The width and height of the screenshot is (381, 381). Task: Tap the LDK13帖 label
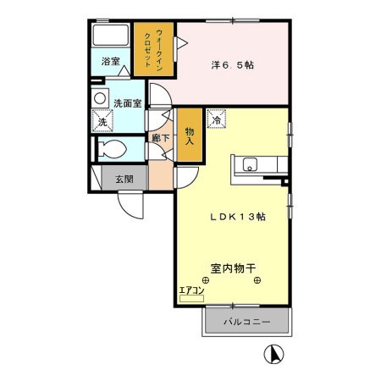tap(238, 217)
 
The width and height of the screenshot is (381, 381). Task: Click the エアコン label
tap(192, 290)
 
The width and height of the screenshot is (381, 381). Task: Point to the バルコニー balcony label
tap(247, 323)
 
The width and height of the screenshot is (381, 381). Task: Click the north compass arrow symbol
tap(275, 354)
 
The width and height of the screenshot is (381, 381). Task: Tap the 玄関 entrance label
tap(123, 178)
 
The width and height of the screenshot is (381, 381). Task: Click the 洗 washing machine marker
tap(102, 122)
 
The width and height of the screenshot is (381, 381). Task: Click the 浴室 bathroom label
tap(111, 62)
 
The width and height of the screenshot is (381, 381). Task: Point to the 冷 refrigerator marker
tap(216, 120)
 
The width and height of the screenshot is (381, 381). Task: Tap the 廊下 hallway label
tap(158, 136)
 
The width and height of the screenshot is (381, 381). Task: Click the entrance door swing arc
tap(131, 206)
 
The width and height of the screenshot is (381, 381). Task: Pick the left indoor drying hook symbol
tap(206, 281)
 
